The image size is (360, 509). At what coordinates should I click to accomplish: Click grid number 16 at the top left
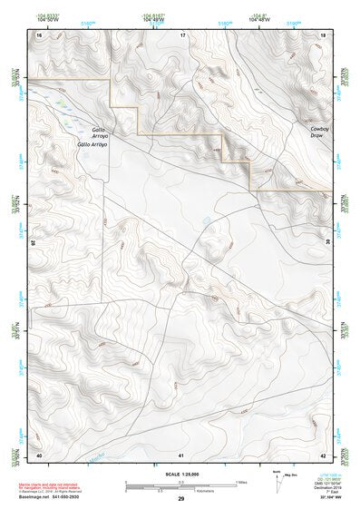point(39,34)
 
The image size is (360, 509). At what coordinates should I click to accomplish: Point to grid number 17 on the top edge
point(182,34)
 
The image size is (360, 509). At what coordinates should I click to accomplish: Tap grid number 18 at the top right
point(324,34)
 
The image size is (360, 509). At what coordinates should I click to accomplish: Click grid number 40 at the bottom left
point(39,454)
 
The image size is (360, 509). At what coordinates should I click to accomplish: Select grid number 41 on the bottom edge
point(181,454)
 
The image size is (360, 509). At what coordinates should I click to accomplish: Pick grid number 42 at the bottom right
point(324,454)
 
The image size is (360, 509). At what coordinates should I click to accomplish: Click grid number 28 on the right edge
point(327,242)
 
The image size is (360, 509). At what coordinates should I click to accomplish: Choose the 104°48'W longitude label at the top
point(153,19)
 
